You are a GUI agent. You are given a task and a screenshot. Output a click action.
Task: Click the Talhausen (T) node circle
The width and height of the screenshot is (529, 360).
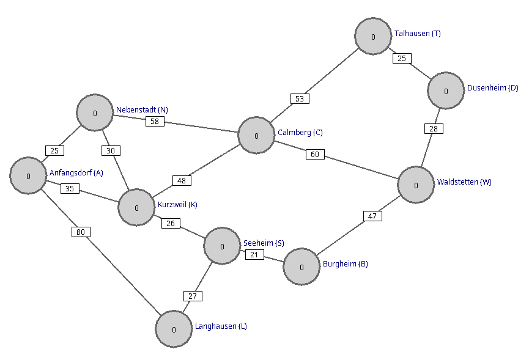[x=373, y=37]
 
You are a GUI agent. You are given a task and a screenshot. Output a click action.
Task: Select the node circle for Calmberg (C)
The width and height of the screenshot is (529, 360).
[x=256, y=136]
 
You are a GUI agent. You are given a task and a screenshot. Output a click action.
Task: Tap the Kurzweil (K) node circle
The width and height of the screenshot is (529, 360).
[x=136, y=208]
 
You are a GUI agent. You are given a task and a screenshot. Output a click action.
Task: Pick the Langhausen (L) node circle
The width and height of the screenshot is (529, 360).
[x=174, y=329]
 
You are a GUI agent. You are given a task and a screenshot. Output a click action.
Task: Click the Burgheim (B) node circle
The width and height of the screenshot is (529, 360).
[x=301, y=267]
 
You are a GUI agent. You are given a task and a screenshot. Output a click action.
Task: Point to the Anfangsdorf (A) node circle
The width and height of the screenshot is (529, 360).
[x=28, y=175]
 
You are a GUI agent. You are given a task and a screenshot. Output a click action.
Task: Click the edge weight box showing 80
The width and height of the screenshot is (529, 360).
[x=81, y=232]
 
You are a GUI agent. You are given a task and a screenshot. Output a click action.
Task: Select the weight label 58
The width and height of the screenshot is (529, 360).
[x=155, y=122]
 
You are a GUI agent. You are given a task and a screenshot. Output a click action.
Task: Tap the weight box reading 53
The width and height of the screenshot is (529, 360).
[x=300, y=99]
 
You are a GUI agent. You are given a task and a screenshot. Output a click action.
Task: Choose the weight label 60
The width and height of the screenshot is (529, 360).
[x=315, y=155]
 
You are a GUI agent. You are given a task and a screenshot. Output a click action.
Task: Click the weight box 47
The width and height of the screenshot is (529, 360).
[x=373, y=216]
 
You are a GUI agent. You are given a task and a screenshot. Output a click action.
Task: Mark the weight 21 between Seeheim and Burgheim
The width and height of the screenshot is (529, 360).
[x=254, y=254]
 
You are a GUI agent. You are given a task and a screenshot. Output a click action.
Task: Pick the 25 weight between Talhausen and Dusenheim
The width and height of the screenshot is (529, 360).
[x=402, y=58]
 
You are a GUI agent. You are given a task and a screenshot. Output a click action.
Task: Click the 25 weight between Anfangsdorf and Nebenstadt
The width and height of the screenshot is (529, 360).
[x=54, y=151]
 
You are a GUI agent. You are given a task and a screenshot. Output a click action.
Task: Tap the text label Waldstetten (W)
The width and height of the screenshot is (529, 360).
[x=464, y=182]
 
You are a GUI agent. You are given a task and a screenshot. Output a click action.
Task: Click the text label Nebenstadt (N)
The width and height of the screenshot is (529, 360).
[x=142, y=110]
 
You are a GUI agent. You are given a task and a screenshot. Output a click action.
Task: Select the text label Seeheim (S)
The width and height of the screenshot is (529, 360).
[x=264, y=243]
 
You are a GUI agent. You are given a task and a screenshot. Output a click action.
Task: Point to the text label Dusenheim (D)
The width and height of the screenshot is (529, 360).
[x=492, y=88]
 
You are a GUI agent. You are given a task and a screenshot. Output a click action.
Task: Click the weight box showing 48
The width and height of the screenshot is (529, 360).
[x=182, y=181]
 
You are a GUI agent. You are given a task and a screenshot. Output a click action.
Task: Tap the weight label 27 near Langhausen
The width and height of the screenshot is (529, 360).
[x=193, y=296]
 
